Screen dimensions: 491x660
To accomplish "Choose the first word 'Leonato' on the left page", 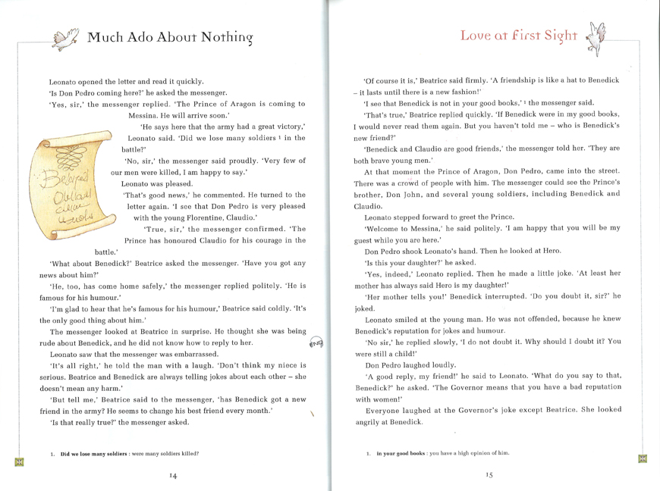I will [x=66, y=81].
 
